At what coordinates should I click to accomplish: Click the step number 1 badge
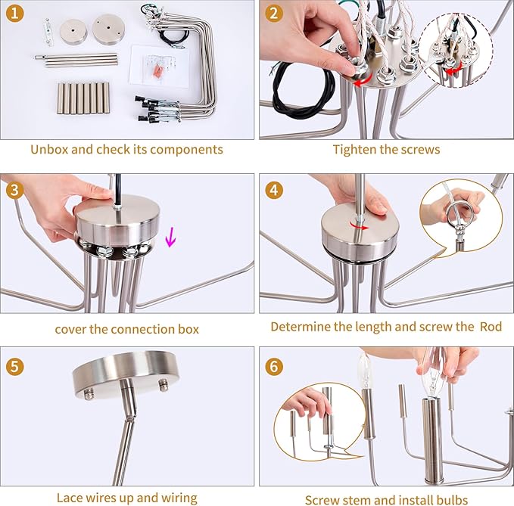tap(14, 14)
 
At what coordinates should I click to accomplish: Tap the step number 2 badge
tap(274, 14)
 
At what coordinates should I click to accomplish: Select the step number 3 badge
tap(14, 191)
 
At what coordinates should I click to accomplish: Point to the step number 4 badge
tap(274, 191)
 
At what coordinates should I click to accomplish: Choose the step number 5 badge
tap(14, 367)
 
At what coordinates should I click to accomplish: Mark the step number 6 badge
tap(274, 367)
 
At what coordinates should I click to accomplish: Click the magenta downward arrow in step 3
tap(170, 237)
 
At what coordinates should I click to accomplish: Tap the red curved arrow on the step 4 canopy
tap(359, 225)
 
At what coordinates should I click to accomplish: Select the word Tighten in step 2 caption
tap(354, 150)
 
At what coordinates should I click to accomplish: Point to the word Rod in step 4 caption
tap(491, 327)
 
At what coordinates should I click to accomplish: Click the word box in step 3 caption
tap(188, 329)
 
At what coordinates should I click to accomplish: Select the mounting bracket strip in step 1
tap(48, 33)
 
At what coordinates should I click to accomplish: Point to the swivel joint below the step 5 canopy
tap(130, 419)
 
